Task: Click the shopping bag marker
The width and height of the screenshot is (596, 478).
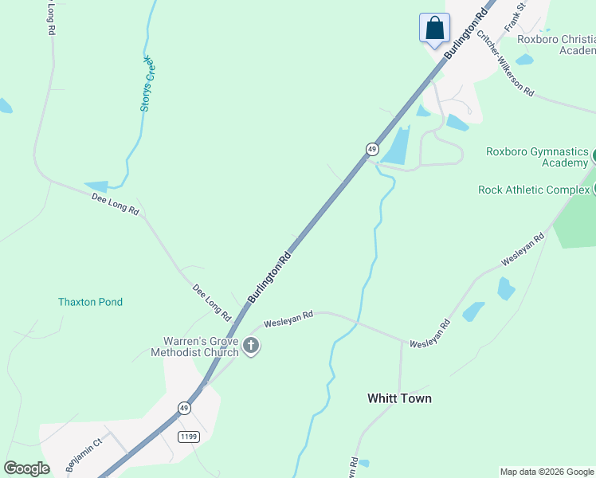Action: pyautogui.click(x=434, y=28)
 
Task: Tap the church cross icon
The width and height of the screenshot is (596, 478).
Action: pyautogui.click(x=251, y=346)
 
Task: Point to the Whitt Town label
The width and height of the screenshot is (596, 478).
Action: pyautogui.click(x=399, y=398)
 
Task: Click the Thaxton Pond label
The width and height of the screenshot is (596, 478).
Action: pyautogui.click(x=90, y=302)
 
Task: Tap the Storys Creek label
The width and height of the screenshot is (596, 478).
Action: pyautogui.click(x=146, y=83)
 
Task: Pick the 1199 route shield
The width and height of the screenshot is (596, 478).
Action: pyautogui.click(x=189, y=437)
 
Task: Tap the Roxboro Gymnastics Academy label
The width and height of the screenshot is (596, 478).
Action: pyautogui.click(x=537, y=157)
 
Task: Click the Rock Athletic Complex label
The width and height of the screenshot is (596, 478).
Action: pyautogui.click(x=533, y=190)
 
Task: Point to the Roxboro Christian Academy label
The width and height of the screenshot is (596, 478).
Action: pyautogui.click(x=556, y=44)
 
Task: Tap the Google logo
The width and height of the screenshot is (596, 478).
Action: pyautogui.click(x=26, y=468)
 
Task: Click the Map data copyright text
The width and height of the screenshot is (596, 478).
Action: pyautogui.click(x=547, y=472)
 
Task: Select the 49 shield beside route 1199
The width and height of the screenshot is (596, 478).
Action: pyautogui.click(x=184, y=408)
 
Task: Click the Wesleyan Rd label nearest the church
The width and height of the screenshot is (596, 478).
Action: pyautogui.click(x=288, y=318)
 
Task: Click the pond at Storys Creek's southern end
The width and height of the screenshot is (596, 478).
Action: pyautogui.click(x=96, y=186)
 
